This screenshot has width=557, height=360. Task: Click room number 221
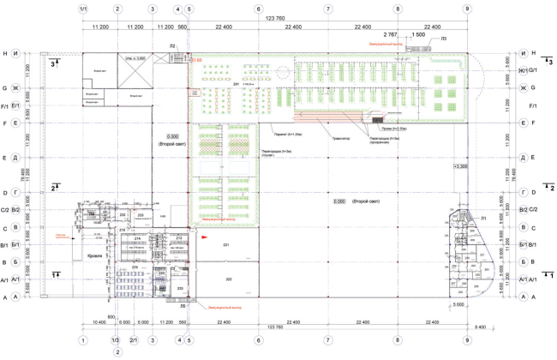click(x=227, y=245)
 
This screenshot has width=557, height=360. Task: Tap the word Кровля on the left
click(x=94, y=255)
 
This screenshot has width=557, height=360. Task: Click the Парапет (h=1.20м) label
click(x=285, y=135)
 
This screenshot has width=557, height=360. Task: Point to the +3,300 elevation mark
click(x=461, y=165)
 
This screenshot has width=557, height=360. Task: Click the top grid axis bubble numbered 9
click(x=467, y=9)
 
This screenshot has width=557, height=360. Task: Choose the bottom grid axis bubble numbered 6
click(x=257, y=340)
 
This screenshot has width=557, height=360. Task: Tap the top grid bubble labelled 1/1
click(x=82, y=9)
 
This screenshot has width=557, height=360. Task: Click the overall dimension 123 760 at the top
click(x=275, y=19)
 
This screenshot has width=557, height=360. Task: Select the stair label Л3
click(x=442, y=39)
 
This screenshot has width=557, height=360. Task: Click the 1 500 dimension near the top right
click(x=418, y=35)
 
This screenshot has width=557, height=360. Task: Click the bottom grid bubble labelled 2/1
click(x=134, y=340)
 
